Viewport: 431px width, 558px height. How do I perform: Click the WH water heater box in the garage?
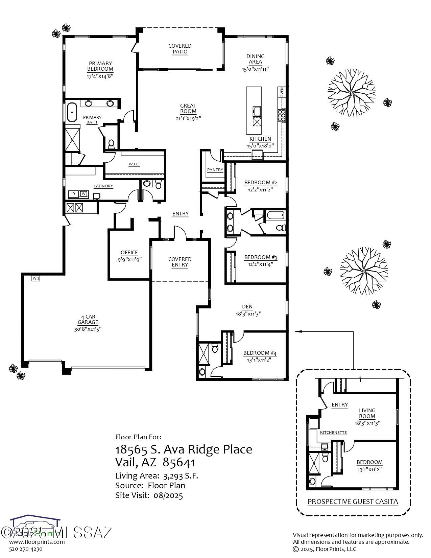coord(36,278)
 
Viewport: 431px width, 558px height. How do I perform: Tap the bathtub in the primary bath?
coord(72,113)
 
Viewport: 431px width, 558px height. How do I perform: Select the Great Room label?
coord(188,108)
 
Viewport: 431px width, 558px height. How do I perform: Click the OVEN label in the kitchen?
coord(282,92)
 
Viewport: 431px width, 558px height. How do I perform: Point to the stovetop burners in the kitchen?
coord(281,115)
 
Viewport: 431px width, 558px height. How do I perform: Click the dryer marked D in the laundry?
coord(73,194)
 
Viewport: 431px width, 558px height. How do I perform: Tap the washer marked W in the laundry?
coord(83,194)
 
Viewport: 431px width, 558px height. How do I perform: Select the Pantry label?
coord(215,170)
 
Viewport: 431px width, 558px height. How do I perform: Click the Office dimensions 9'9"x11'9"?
coord(129,259)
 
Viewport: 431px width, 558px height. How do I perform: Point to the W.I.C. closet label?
coord(134,164)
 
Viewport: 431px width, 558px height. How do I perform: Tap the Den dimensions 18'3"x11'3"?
coord(248,313)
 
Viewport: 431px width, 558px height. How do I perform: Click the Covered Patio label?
coord(180,49)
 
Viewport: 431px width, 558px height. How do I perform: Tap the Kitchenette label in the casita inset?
coord(333,433)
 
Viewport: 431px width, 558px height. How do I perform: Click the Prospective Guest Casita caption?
coord(353,502)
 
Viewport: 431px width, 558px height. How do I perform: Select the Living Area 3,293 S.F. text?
coord(157,476)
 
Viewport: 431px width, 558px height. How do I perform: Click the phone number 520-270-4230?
coord(26,549)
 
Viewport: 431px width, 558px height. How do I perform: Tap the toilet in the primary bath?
coord(111,144)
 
